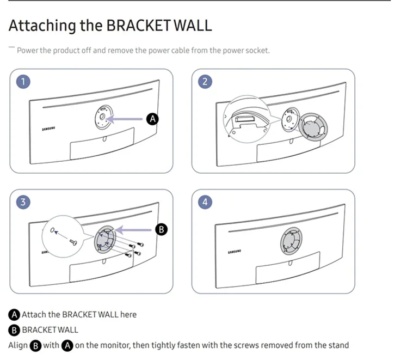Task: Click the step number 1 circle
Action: point(23,82)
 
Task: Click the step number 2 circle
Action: point(205,82)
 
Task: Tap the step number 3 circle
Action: point(23,202)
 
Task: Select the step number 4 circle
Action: point(205,202)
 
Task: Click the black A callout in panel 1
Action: point(153,118)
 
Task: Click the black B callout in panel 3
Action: point(161,229)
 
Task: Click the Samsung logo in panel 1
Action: point(49,130)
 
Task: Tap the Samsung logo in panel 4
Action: point(235,252)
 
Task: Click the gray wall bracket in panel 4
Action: point(294,240)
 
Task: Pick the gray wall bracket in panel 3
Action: point(106,240)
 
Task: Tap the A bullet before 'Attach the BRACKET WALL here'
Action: point(14,315)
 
